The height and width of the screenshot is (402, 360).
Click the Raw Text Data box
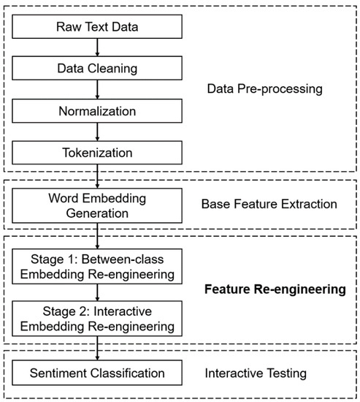(x=96, y=27)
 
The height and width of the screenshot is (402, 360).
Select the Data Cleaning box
(x=96, y=69)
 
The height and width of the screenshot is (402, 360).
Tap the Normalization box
(x=96, y=112)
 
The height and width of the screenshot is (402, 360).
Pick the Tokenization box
(x=96, y=154)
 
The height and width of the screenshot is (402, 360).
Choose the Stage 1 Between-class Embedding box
(x=96, y=267)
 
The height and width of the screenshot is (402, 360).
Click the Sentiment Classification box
(x=96, y=374)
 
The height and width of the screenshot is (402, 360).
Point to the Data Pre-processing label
(x=264, y=91)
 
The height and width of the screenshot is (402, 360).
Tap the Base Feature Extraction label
(x=269, y=204)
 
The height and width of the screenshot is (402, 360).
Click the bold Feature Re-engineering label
(x=274, y=290)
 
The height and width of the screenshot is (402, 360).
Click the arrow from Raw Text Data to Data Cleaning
(x=96, y=48)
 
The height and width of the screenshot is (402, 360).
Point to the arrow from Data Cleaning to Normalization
(x=96, y=91)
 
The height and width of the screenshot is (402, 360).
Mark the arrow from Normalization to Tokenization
(x=96, y=133)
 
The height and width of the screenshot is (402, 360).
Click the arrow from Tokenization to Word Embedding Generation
(x=96, y=178)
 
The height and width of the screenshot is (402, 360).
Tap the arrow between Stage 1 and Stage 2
(x=96, y=292)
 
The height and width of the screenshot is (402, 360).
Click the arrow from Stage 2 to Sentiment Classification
(x=96, y=348)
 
